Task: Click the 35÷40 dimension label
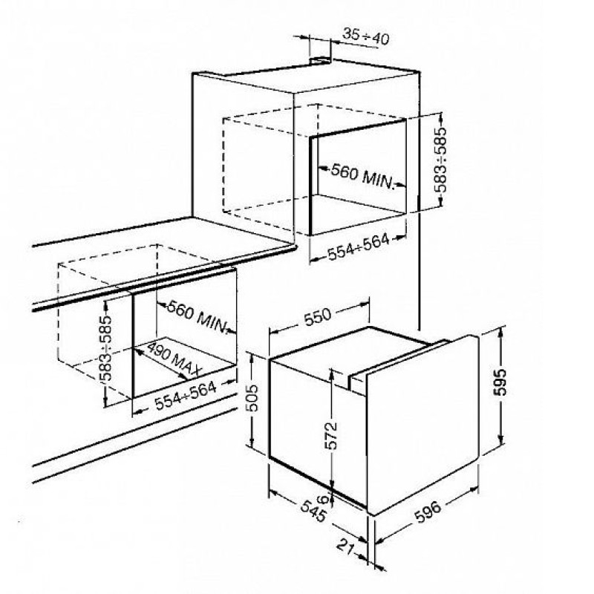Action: coord(366,36)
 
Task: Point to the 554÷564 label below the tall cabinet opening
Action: coord(358,247)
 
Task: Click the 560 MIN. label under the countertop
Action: coord(198,316)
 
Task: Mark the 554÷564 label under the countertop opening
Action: coord(186,396)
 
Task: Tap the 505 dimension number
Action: coord(252,398)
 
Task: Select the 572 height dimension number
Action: coord(331,435)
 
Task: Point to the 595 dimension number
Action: coord(500,382)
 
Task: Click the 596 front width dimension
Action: coord(428,512)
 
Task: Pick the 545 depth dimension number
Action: coord(313,511)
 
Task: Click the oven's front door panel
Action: coord(422,424)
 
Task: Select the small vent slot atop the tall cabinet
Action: coord(320,59)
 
